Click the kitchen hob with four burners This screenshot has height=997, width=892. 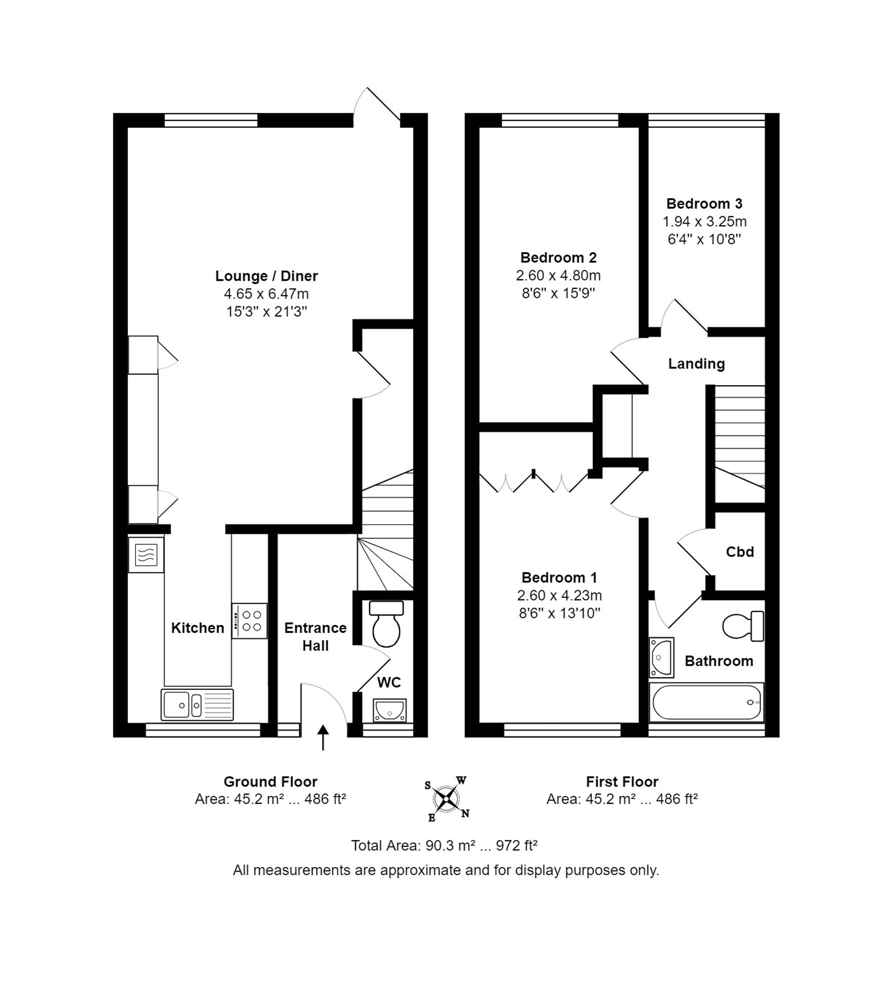(249, 620)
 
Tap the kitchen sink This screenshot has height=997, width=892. (197, 705)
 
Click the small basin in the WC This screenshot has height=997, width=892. (390, 710)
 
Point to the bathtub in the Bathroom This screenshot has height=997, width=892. (706, 702)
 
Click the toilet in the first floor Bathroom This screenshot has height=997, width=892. (743, 626)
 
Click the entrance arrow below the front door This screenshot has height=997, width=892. (323, 738)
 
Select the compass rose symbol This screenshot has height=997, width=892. (446, 799)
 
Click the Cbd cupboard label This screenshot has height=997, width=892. (739, 552)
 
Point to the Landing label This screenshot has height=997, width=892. (697, 363)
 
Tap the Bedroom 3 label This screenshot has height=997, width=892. (704, 203)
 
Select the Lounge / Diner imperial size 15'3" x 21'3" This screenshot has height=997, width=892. (267, 312)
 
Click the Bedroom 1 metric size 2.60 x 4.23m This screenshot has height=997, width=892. (559, 595)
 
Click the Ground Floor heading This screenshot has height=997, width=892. (271, 782)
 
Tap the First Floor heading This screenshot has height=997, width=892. (622, 782)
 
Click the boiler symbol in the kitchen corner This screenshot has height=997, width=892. (146, 555)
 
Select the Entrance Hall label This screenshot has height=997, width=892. (315, 636)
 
